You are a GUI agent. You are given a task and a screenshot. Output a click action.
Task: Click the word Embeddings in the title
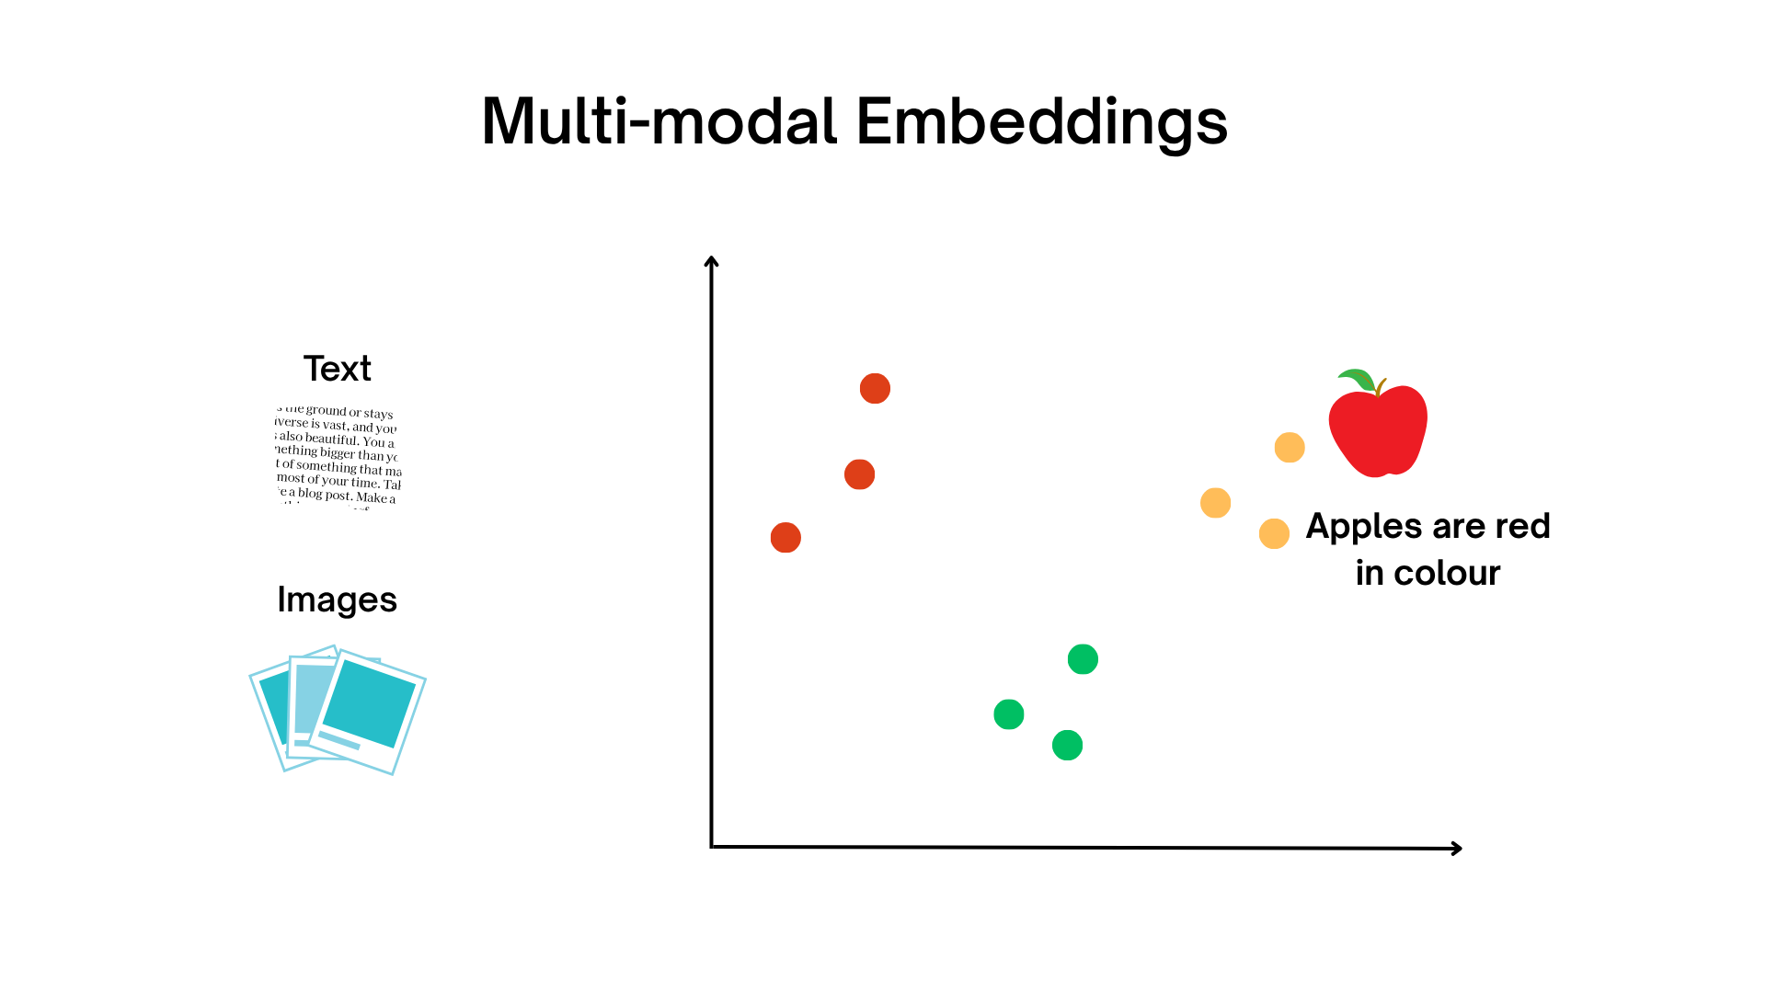click(x=1041, y=122)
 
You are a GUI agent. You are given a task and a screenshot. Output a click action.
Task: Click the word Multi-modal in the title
click(x=659, y=122)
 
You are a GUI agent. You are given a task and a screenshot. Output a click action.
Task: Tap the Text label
click(x=337, y=369)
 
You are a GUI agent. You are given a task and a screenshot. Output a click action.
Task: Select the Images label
click(x=337, y=600)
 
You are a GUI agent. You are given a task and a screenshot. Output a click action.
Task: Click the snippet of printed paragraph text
click(x=338, y=456)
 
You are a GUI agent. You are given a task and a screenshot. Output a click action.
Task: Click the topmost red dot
click(x=875, y=389)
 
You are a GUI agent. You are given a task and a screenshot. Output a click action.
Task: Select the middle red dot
click(x=859, y=474)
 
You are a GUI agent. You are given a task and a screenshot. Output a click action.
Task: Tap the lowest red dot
click(x=786, y=538)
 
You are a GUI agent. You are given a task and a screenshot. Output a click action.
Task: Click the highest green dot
click(x=1083, y=659)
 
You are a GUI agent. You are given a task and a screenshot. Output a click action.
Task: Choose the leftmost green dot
click(x=1009, y=714)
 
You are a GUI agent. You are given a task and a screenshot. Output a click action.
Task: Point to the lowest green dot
click(x=1067, y=746)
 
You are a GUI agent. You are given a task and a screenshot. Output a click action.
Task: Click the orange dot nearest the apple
click(x=1290, y=448)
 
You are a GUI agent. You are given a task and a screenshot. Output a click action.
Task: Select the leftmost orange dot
click(x=1215, y=503)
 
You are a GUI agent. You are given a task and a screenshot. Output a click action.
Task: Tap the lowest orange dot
click(x=1274, y=533)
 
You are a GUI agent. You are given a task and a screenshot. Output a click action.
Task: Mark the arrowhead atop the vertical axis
click(x=711, y=262)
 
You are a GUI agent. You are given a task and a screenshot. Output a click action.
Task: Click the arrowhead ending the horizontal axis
click(x=1457, y=849)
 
